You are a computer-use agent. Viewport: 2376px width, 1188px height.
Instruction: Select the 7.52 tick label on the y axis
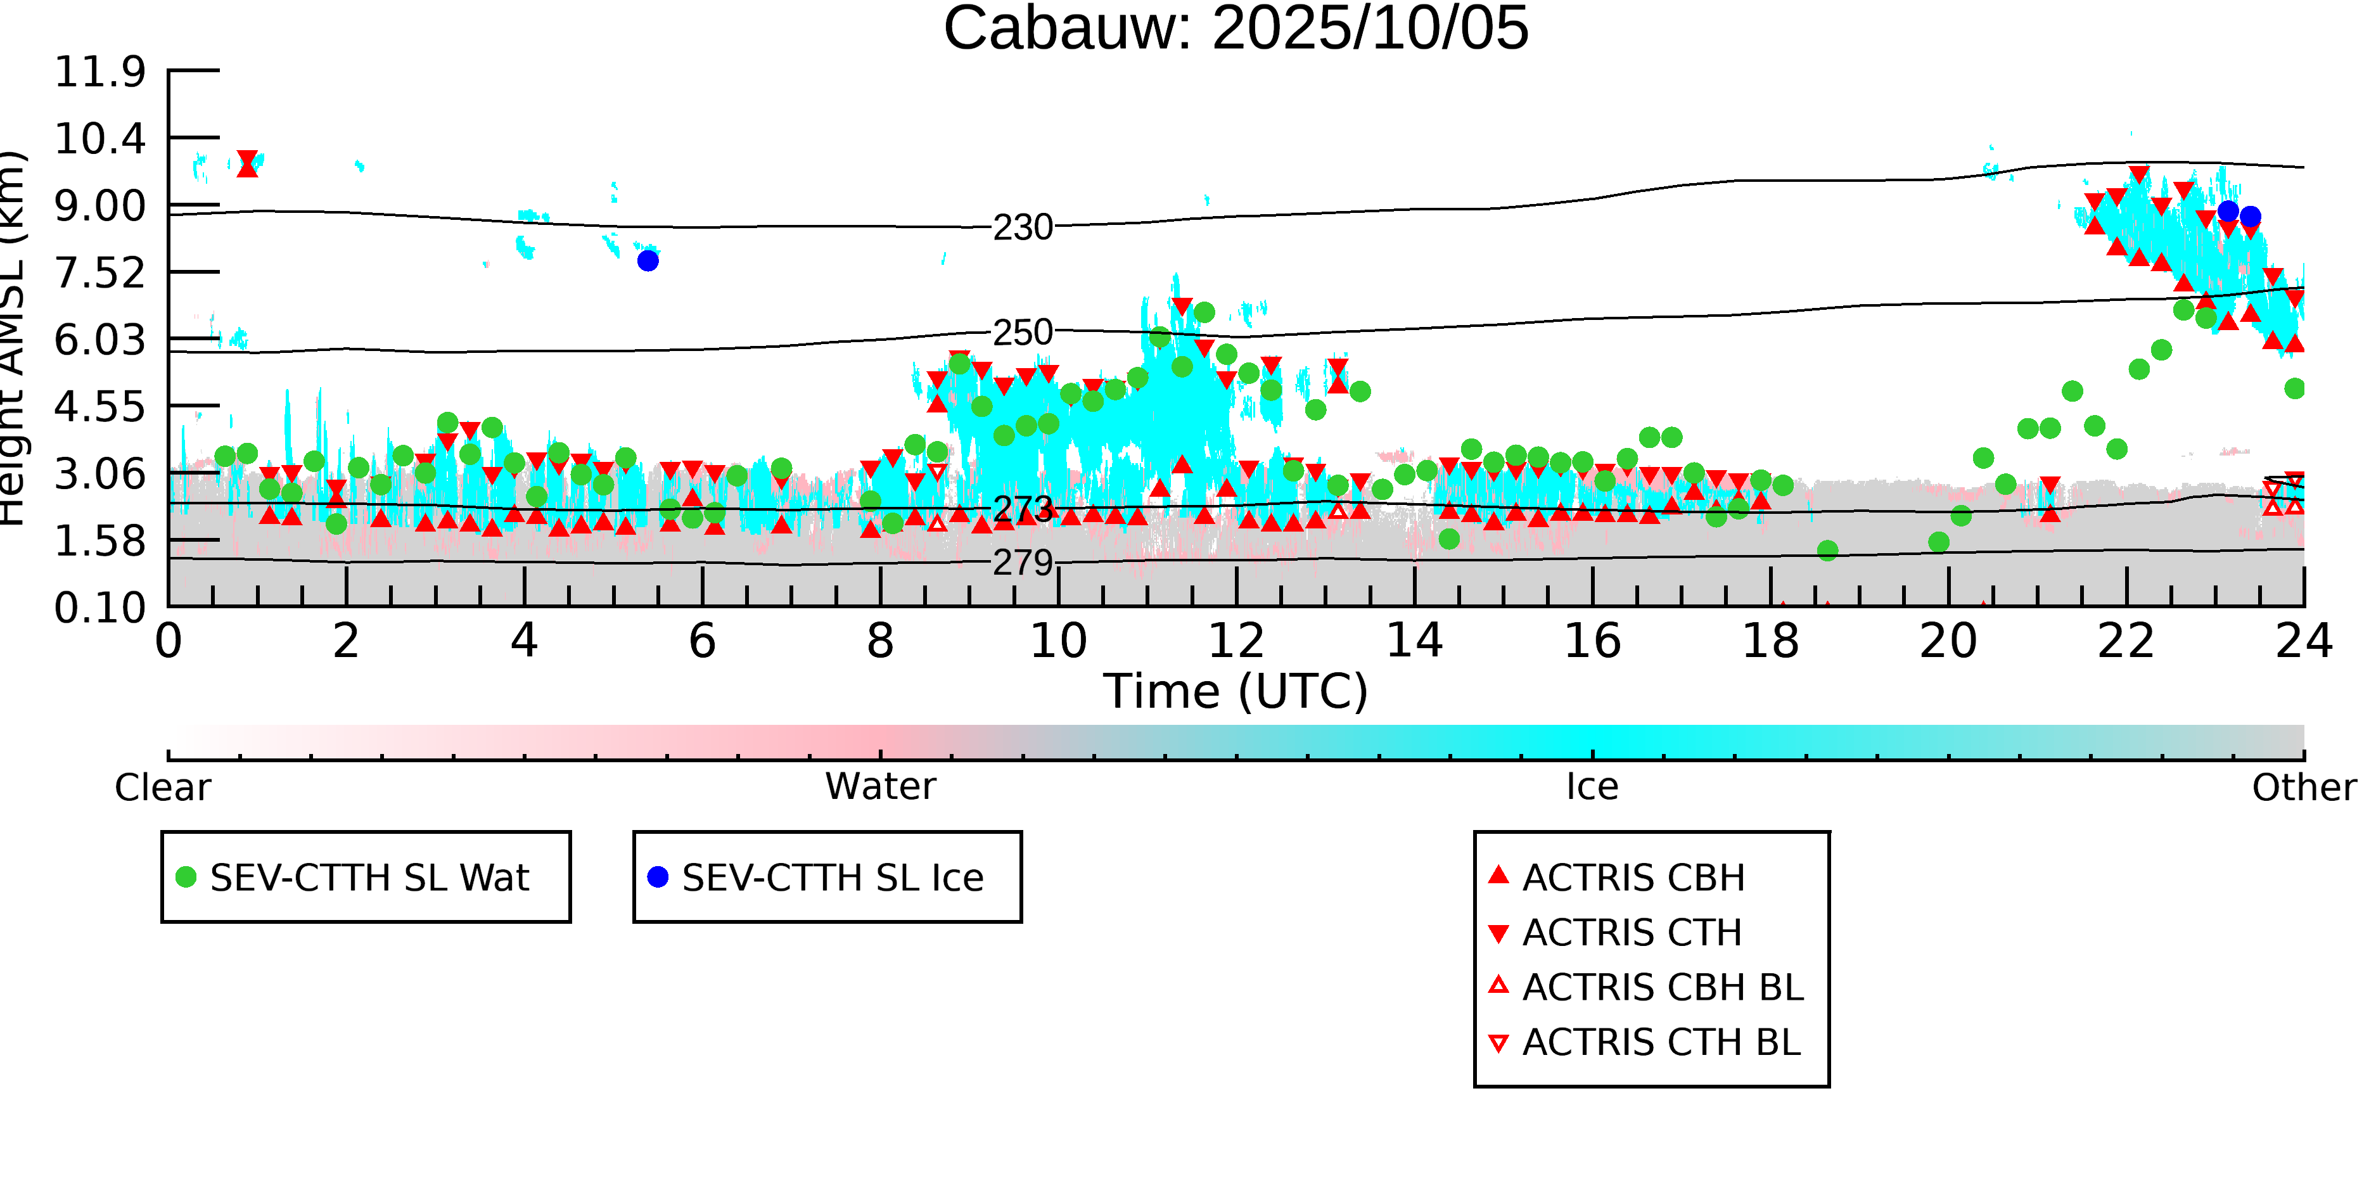(99, 273)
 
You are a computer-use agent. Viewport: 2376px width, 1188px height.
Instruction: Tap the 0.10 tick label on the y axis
(99, 608)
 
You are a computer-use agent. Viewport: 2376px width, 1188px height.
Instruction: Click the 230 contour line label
(1022, 227)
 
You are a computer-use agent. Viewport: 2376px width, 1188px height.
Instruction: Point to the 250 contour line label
(1022, 332)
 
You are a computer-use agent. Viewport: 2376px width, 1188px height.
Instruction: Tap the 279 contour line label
(1022, 562)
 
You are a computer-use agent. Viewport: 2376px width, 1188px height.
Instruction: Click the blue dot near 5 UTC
(648, 261)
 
